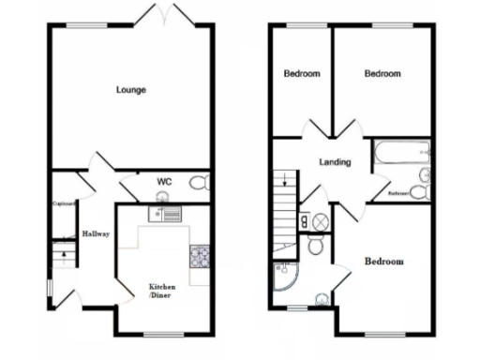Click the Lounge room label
point(131,90)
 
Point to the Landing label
point(335,162)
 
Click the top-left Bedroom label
point(302,73)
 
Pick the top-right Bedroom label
point(382,73)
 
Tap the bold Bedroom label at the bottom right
point(384,261)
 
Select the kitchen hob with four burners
point(200,254)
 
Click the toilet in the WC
point(198,184)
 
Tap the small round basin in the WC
point(162,196)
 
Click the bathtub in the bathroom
point(401,152)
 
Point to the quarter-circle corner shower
point(284,274)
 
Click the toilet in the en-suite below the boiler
point(316,244)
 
